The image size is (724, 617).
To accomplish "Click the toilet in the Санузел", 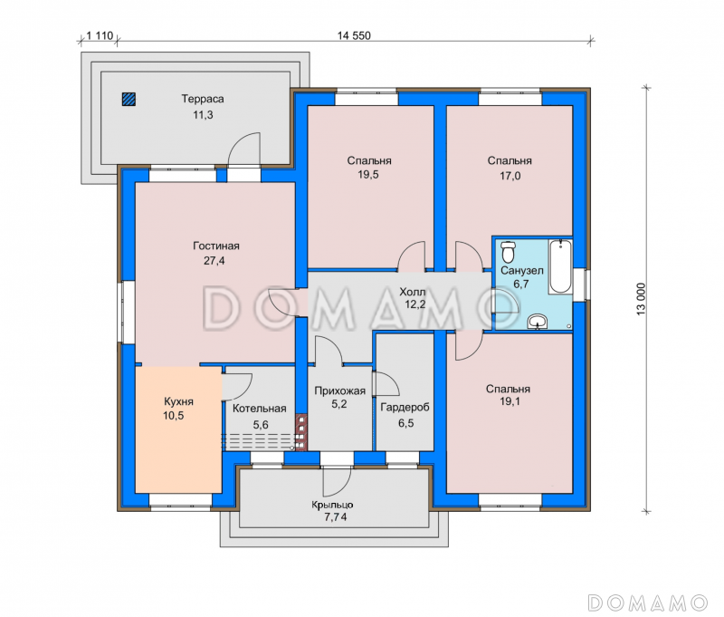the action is point(509,252).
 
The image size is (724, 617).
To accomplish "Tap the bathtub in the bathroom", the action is point(560,265).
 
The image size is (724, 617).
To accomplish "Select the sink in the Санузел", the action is point(537,322).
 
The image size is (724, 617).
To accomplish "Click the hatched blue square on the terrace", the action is point(129,99).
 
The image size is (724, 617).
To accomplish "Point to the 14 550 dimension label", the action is point(354,35).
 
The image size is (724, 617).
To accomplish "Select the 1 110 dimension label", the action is point(100,35).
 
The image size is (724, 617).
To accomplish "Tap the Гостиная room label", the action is point(216,246).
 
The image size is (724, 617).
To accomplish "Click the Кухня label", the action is point(178,401).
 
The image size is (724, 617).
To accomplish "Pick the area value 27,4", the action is point(214,261).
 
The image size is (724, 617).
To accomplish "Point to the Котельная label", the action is point(259,409).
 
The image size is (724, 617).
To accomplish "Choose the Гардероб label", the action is point(405,407).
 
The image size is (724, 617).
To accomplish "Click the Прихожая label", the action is point(340,391).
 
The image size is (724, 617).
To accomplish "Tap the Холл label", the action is point(413,292).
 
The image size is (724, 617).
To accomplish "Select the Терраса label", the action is point(203,99).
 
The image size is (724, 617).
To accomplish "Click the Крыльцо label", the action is point(332,506).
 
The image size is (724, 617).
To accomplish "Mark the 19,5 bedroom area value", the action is point(368,174).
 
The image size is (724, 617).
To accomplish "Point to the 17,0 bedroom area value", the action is point(510,176).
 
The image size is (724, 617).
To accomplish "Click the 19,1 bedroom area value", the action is point(510,401).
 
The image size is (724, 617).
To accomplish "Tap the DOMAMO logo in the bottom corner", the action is point(648,603).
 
